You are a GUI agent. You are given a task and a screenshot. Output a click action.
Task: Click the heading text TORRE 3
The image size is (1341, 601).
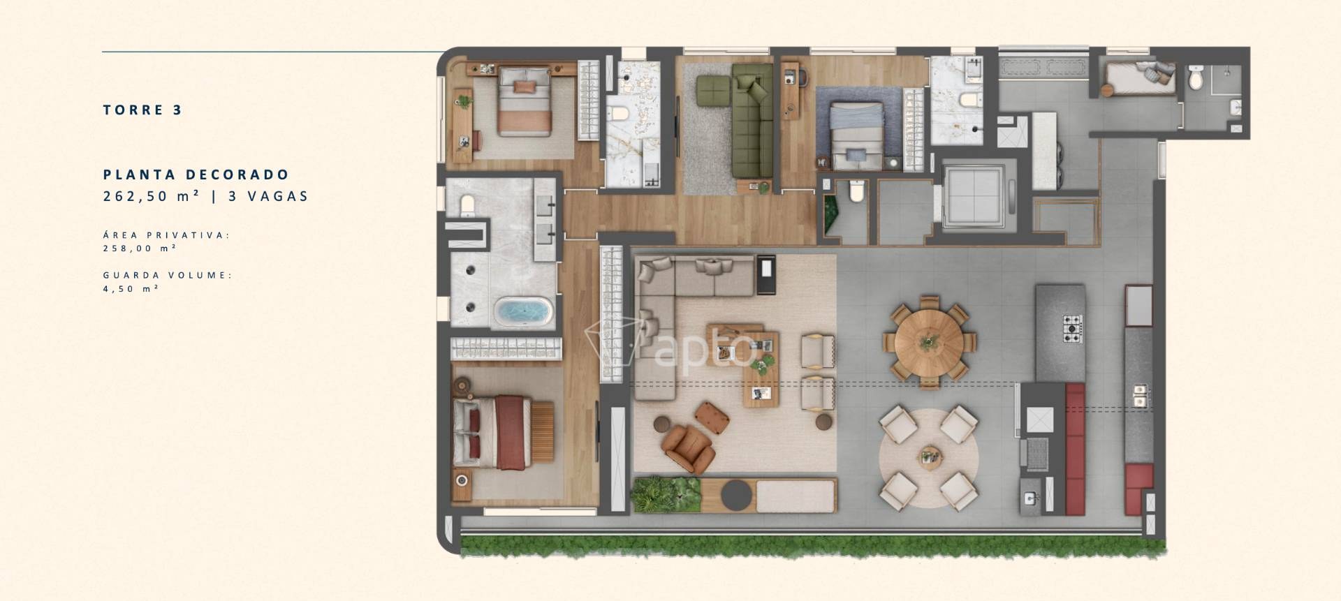coord(142,110)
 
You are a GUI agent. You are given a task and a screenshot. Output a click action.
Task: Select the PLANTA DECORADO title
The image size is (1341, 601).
coord(196,175)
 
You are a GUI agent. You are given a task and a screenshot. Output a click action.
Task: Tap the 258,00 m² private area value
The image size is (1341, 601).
coord(140,248)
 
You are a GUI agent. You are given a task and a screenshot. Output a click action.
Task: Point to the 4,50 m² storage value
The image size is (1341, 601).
coord(131,289)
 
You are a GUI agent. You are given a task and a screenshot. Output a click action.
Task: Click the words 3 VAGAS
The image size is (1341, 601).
coord(268,196)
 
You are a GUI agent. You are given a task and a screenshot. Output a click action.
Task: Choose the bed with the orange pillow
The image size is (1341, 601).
coord(525,101)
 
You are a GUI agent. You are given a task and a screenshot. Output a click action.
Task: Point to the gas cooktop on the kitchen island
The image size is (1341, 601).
coord(1073,327)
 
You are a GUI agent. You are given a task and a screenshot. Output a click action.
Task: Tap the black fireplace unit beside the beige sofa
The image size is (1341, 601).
coord(766,273)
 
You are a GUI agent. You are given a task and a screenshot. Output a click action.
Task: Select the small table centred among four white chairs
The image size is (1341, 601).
coord(928,456)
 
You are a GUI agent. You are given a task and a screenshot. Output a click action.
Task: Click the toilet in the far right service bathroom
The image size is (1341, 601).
coord(1196,78)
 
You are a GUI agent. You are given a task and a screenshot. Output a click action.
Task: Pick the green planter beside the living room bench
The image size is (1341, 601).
coord(666,495)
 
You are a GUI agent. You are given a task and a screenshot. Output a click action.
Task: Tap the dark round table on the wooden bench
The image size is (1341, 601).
coord(737,494)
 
